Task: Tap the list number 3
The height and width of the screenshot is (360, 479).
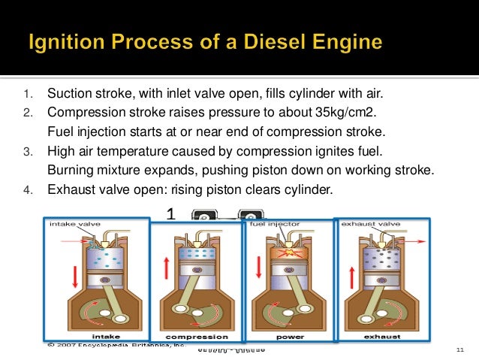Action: click(26, 152)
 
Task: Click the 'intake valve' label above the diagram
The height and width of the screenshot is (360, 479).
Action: click(75, 223)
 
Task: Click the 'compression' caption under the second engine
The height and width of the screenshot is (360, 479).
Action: click(197, 337)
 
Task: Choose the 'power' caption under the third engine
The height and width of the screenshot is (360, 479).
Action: click(289, 337)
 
